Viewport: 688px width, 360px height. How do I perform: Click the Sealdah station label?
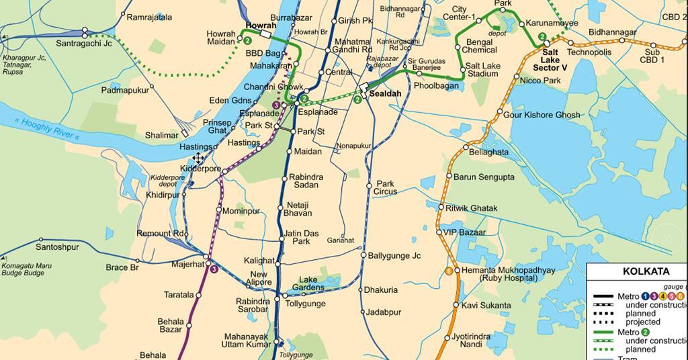(385, 94)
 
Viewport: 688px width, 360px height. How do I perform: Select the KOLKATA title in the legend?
(646, 271)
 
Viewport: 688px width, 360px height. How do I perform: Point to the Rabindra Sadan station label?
(306, 181)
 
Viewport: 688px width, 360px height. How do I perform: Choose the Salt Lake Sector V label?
(550, 60)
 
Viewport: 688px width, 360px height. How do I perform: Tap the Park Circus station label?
(386, 187)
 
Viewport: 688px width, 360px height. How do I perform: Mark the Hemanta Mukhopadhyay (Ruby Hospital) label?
(508, 275)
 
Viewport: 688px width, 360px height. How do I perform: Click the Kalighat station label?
(259, 261)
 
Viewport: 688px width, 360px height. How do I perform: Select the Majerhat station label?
(187, 264)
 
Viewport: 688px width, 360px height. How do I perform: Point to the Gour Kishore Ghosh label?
(542, 115)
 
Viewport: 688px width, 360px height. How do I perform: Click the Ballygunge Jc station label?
(394, 256)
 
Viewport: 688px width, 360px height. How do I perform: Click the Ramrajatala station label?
(149, 17)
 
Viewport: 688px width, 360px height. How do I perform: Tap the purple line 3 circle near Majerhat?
(214, 269)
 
